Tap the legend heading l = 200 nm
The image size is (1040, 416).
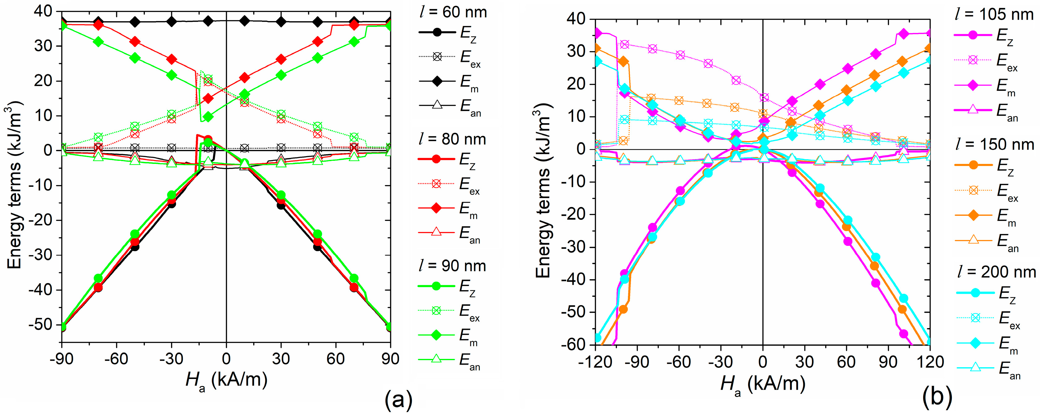click(996, 272)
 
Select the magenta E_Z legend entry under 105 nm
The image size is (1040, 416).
click(985, 35)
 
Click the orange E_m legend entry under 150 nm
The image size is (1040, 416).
click(985, 216)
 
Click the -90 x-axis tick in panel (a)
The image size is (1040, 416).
click(61, 359)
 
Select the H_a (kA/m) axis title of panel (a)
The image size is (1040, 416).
click(227, 381)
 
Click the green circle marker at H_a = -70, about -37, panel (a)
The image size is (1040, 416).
click(98, 278)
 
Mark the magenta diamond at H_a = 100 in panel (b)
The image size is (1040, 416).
click(903, 34)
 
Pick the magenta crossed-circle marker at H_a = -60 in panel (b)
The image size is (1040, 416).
click(680, 55)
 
